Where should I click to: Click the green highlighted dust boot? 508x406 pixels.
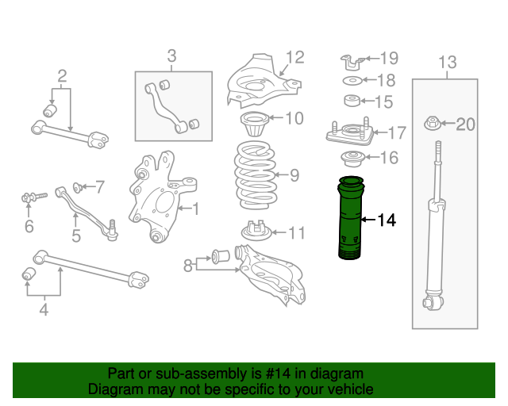tap(350, 217)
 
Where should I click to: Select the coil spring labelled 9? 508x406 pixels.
tap(256, 175)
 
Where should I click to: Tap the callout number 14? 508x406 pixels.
tap(387, 220)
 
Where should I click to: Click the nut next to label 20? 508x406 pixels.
tap(432, 123)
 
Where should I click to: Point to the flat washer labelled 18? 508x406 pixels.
tap(352, 80)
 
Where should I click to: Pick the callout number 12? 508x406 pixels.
tap(295, 57)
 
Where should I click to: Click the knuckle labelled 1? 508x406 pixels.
tap(161, 197)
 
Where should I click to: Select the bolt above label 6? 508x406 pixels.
tap(34, 197)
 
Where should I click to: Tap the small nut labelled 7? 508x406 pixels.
tap(77, 187)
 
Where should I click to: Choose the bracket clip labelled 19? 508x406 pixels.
tap(352, 62)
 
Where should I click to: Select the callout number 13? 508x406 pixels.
tap(448, 62)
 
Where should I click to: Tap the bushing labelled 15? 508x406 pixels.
tap(352, 101)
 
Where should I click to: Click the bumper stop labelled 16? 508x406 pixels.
tap(352, 159)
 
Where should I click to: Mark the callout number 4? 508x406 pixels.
tap(44, 309)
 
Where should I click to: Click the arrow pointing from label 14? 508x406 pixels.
tap(368, 220)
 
